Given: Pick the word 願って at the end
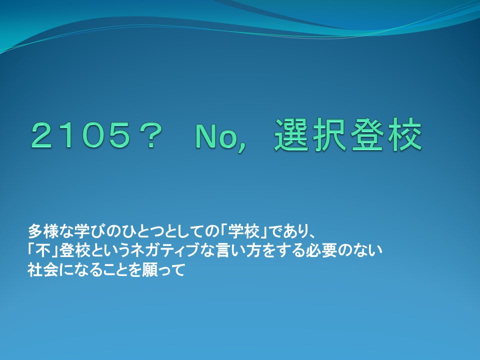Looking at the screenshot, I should [x=167, y=271].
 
